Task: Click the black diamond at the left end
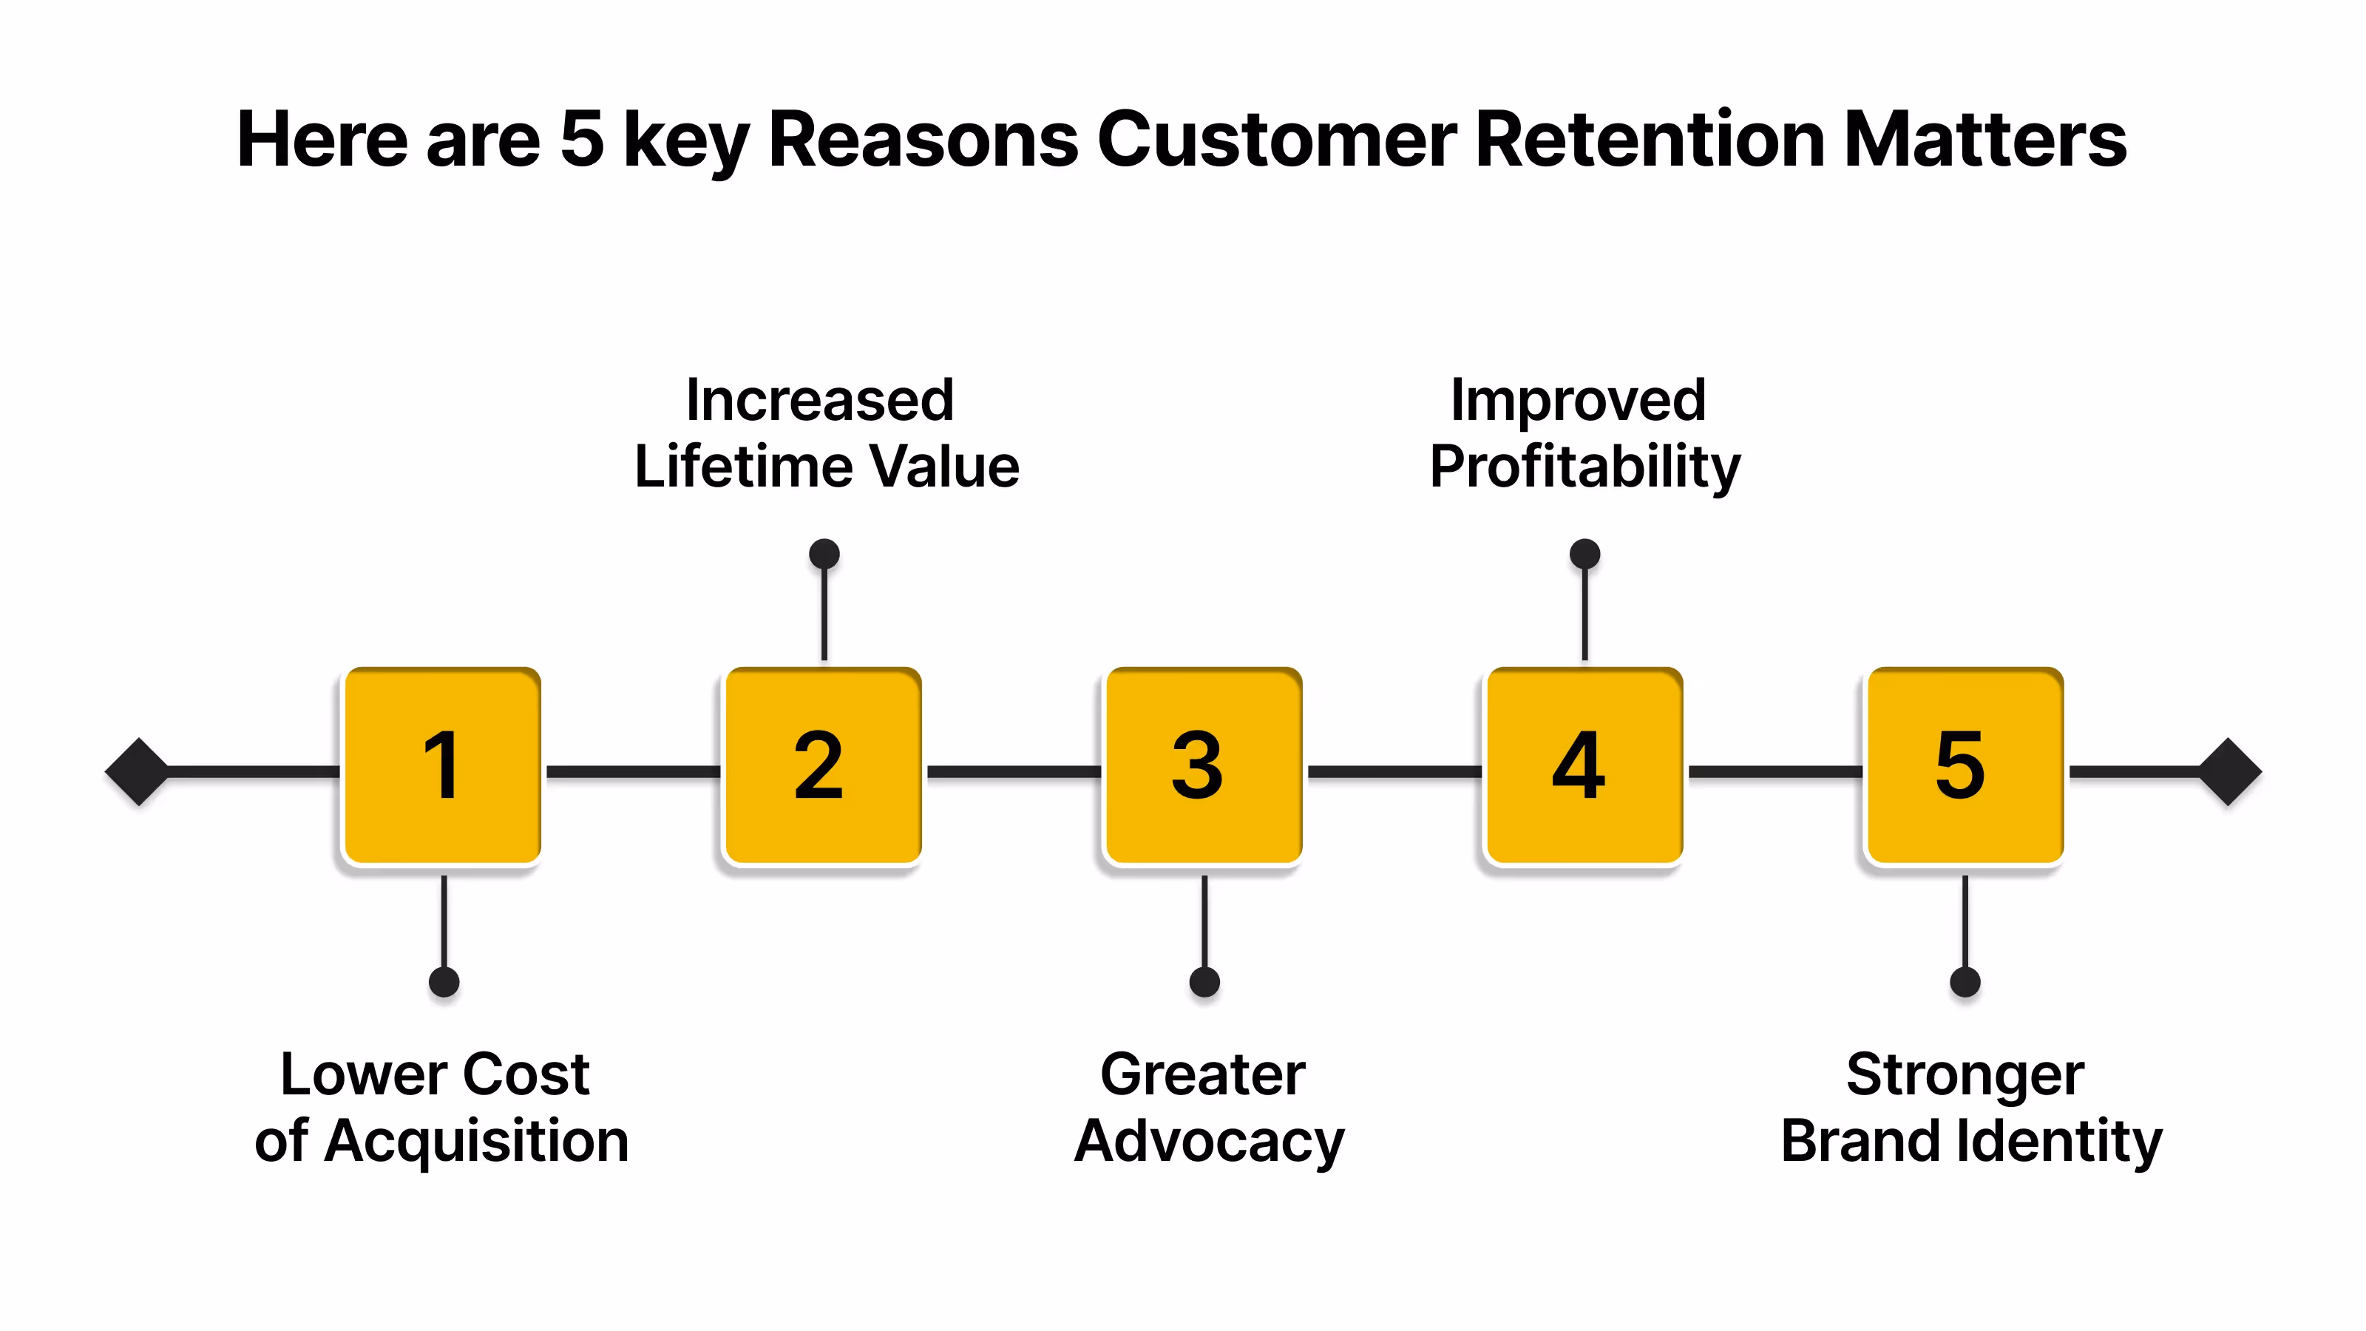pos(138,771)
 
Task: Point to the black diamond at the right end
pos(2228,771)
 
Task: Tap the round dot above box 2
pos(824,554)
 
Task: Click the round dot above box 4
pos(1584,554)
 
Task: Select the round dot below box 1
pos(444,982)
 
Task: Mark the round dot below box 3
pos(1204,982)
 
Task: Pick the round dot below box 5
pos(1965,982)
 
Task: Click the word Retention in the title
pos(1650,140)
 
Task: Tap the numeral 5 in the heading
pos(581,140)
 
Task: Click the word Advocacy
pos(1209,1142)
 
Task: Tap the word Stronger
pos(1965,1074)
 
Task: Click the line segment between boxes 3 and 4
pos(1393,771)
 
